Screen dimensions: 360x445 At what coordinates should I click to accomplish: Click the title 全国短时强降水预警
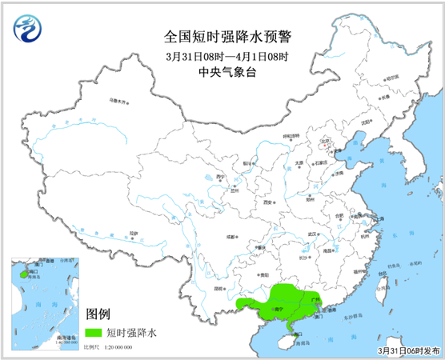click(222, 37)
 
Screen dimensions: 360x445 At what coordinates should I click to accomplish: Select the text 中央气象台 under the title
click(222, 73)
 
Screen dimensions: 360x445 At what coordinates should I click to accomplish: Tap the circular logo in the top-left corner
click(26, 31)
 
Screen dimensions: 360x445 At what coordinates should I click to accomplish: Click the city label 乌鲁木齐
click(118, 101)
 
